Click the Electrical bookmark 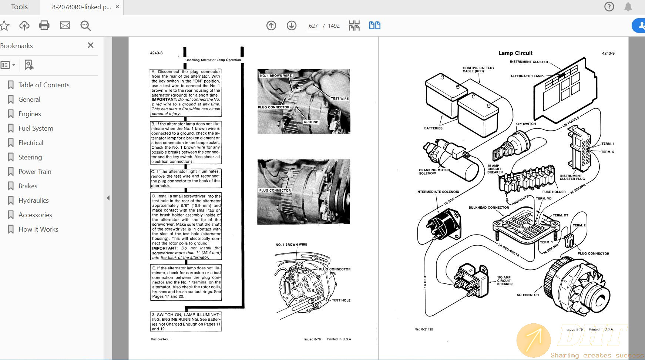(x=31, y=143)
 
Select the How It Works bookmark (x=38, y=229)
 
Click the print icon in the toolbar (x=44, y=26)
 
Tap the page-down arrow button (x=292, y=26)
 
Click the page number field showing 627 (x=313, y=26)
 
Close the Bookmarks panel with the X (x=91, y=45)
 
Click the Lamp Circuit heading (x=515, y=53)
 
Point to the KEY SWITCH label (x=525, y=124)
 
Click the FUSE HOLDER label (x=554, y=192)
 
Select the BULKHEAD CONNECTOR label (x=488, y=208)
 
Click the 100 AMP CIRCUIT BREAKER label (x=504, y=280)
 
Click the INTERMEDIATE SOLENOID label (x=437, y=192)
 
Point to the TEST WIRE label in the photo (x=339, y=99)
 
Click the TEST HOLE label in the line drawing (x=341, y=300)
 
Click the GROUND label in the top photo (x=311, y=122)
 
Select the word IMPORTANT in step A (x=164, y=100)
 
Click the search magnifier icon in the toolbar (x=85, y=26)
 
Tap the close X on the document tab (x=117, y=7)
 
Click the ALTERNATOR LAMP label (x=526, y=76)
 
